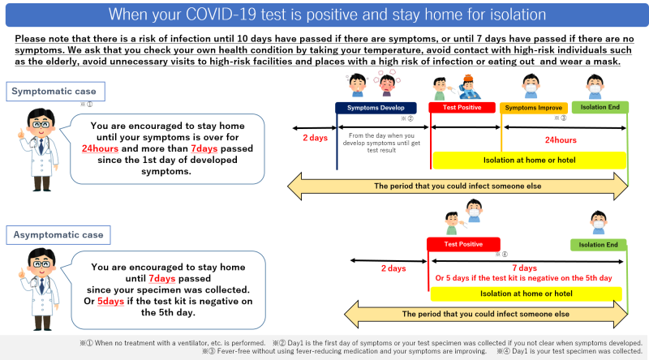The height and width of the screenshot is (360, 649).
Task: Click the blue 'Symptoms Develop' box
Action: click(376, 108)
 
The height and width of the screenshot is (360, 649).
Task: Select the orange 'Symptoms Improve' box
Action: click(534, 108)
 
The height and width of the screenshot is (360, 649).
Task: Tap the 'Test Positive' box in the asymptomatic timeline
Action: click(463, 244)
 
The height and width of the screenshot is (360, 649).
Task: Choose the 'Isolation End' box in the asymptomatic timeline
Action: click(599, 244)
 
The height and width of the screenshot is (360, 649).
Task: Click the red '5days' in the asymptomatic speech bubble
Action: click(111, 300)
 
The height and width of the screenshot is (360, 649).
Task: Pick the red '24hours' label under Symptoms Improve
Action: click(561, 139)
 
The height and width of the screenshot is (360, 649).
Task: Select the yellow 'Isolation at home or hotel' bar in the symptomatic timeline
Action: click(529, 159)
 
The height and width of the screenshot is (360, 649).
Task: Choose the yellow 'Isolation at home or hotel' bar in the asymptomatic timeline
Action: click(526, 294)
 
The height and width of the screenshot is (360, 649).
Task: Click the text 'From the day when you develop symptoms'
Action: click(384, 136)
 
